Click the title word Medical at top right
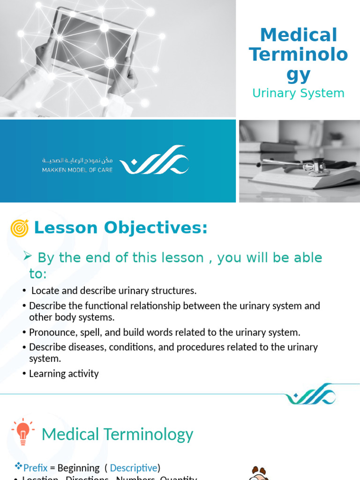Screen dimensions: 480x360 point(298,35)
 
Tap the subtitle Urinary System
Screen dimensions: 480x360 point(298,93)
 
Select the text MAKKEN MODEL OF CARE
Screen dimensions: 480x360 point(77,170)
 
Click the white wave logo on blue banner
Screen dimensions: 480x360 point(154,161)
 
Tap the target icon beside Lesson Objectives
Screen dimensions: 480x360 point(19,228)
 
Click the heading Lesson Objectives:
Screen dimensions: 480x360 point(120,228)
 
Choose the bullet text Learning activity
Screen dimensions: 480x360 point(64,374)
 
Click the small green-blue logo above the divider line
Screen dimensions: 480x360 point(310,395)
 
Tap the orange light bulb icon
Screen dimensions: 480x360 point(22,431)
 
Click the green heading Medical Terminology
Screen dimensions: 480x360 point(117,435)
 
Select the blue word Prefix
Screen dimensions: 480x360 point(36,468)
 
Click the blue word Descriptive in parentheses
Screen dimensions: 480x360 point(134,468)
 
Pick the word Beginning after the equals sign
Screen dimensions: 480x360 point(78,468)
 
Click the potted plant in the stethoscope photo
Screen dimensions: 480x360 point(336,138)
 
